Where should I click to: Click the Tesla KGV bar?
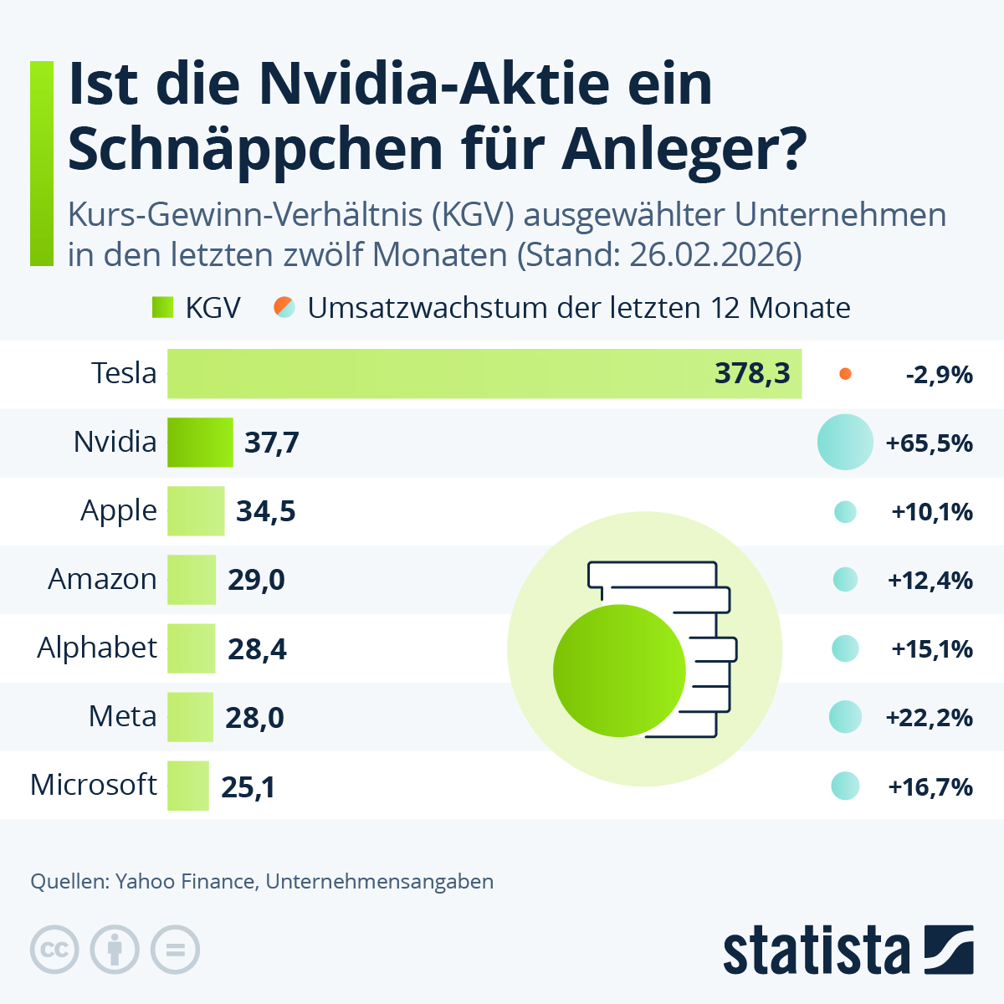point(435,374)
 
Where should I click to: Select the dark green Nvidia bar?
point(200,443)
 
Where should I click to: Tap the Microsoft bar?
point(187,786)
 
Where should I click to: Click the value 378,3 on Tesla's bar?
point(751,374)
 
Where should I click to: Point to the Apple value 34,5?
point(265,511)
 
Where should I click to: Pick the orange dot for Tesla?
point(845,374)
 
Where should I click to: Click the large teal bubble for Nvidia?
point(845,442)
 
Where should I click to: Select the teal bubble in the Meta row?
point(845,717)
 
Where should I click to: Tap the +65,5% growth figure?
point(929,443)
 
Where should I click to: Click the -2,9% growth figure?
point(939,375)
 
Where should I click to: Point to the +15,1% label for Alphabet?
point(931,649)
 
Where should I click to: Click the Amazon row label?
point(102,579)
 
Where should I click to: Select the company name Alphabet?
point(97,648)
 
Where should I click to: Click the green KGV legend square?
point(162,307)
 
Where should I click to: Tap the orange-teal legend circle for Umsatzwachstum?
point(285,307)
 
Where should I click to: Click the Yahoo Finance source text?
point(186,881)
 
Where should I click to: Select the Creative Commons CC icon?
point(54,950)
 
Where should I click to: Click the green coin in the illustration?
point(619,670)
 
